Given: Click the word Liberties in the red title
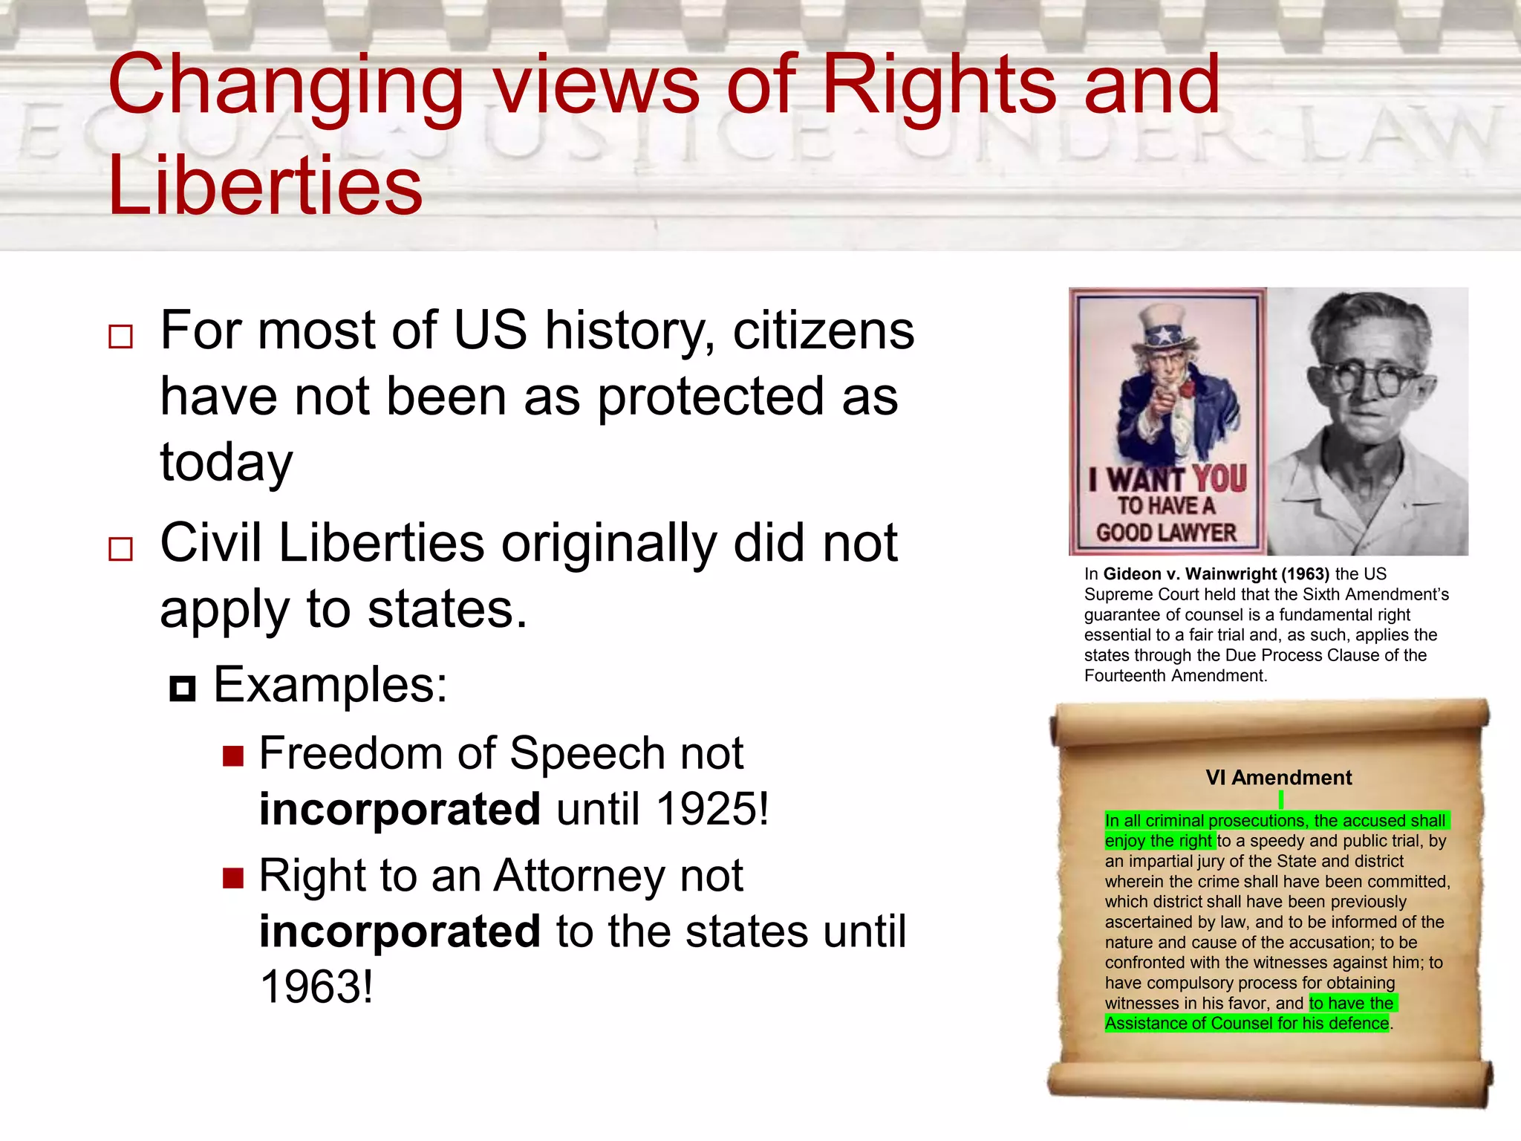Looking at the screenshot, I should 265,185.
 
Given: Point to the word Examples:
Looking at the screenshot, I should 330,684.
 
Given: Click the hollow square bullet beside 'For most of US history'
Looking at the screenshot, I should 120,337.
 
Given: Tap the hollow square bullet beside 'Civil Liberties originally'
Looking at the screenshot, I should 120,549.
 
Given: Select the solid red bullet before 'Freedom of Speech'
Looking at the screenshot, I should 233,756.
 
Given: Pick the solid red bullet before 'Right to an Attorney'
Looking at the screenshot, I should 233,879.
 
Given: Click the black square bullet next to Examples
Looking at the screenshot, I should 182,689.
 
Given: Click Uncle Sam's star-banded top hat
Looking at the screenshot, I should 1164,327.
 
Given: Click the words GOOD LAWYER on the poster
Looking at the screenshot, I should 1166,533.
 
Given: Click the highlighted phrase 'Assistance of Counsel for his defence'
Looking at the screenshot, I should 1246,1024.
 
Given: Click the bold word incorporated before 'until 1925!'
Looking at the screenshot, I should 400,808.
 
